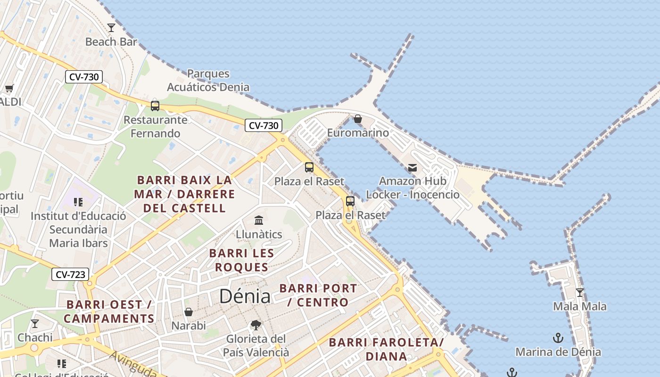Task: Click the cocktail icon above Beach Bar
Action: coord(111,28)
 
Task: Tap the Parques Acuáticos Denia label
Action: coord(208,81)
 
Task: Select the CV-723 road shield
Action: coord(70,274)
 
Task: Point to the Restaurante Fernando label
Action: coord(155,127)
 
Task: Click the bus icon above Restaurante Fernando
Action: coord(155,106)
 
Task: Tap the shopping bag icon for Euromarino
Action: coord(358,119)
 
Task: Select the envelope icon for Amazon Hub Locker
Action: coord(412,167)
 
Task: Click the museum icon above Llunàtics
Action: coord(259,220)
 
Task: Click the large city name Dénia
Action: coord(245,296)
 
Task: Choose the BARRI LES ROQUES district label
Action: coord(241,260)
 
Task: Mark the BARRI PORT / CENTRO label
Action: coord(318,295)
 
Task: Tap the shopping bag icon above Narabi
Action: coord(189,312)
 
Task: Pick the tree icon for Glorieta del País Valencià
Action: coord(256,325)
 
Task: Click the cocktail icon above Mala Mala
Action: coord(580,292)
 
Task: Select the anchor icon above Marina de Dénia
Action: coord(558,338)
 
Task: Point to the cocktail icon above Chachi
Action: coord(35,324)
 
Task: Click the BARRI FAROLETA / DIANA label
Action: coord(386,349)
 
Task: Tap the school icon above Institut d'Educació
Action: coord(78,202)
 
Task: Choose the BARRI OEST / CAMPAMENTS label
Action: coord(109,311)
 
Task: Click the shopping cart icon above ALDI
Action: coord(9,88)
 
